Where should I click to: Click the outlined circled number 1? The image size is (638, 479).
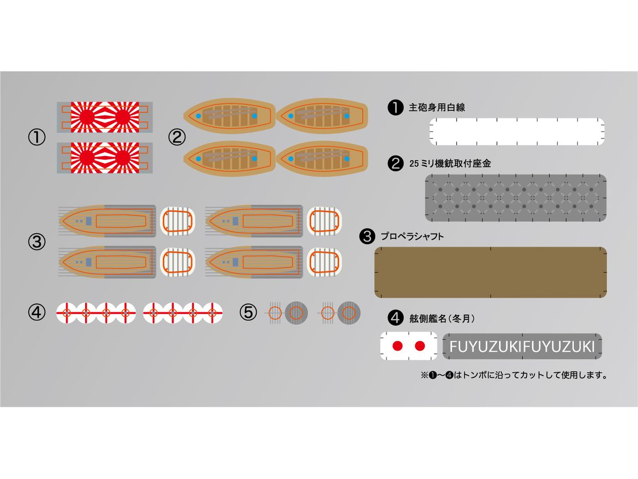pos(37,137)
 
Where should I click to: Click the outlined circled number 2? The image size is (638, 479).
pos(177,137)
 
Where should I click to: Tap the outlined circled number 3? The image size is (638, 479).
pos(37,242)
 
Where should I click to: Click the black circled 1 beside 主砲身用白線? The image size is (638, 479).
pos(396,108)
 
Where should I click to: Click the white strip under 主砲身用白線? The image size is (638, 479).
pos(517,131)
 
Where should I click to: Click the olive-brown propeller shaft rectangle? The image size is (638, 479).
pos(491,272)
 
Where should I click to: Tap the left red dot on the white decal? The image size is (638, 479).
pos(397,346)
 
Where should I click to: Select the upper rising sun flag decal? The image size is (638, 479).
pos(105,117)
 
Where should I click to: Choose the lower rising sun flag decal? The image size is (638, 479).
pos(105,158)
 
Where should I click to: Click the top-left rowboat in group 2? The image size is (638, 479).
pos(228,115)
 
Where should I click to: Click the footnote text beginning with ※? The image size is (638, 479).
pos(514,375)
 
